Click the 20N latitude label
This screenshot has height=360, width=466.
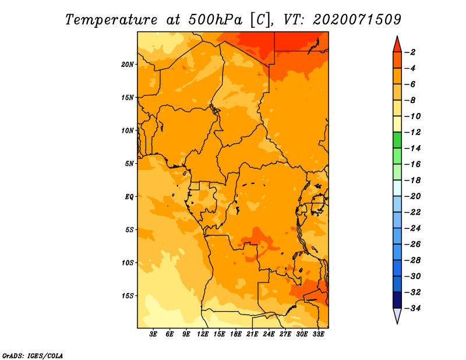pyautogui.click(x=128, y=65)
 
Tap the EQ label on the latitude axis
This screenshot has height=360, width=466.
pyautogui.click(x=129, y=197)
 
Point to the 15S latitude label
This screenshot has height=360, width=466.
pyautogui.click(x=128, y=296)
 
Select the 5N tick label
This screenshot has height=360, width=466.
pyautogui.click(x=129, y=164)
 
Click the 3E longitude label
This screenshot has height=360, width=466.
pyautogui.click(x=153, y=334)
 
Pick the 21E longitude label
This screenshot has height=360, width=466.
pyautogui.click(x=252, y=334)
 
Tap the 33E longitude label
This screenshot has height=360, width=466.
pyautogui.click(x=318, y=334)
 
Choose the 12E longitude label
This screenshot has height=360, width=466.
pyautogui.click(x=202, y=334)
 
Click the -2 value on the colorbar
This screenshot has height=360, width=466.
pyautogui.click(x=411, y=52)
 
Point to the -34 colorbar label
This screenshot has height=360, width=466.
pyautogui.click(x=413, y=308)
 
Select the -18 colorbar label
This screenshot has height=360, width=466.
pyautogui.click(x=413, y=181)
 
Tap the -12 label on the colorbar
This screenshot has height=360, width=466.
pyautogui.click(x=413, y=132)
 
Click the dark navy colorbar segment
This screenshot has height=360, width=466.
pyautogui.click(x=397, y=300)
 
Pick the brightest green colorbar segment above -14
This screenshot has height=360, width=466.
pyautogui.click(x=397, y=140)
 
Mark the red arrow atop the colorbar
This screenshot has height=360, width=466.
pyautogui.click(x=397, y=44)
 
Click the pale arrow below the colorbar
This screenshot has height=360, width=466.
pyautogui.click(x=397, y=316)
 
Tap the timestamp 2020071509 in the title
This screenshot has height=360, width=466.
pyautogui.click(x=357, y=20)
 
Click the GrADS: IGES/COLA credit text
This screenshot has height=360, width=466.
pyautogui.click(x=33, y=355)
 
